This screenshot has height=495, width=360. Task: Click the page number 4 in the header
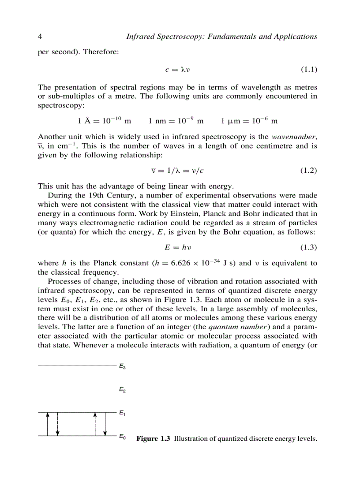coord(40,37)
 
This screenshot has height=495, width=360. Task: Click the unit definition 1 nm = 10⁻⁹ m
coord(176,121)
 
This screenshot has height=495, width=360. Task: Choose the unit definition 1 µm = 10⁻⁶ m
coord(249,121)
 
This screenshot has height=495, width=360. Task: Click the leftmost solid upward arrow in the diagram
coord(48,424)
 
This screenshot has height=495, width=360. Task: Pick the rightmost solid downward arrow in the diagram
coord(105,424)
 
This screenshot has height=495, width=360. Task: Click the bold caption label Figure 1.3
coord(153,439)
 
